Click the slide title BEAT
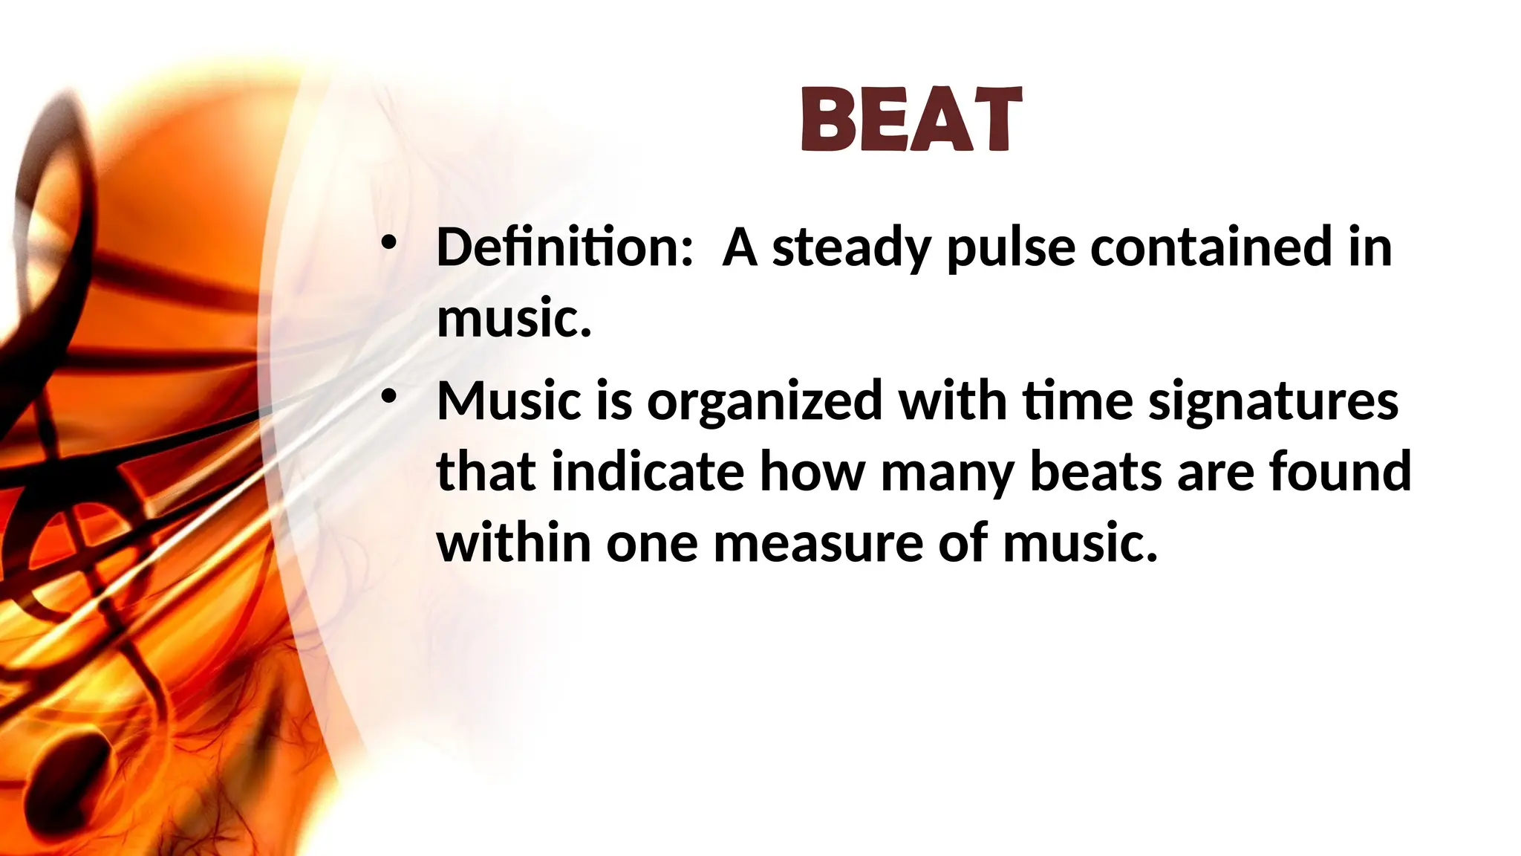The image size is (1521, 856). click(x=912, y=120)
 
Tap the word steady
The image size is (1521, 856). click(x=851, y=247)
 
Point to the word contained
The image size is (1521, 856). click(x=1211, y=247)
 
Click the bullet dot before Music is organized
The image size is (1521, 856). click(x=388, y=396)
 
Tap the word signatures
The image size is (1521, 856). click(x=1273, y=401)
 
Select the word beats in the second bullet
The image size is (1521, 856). click(x=1096, y=473)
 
